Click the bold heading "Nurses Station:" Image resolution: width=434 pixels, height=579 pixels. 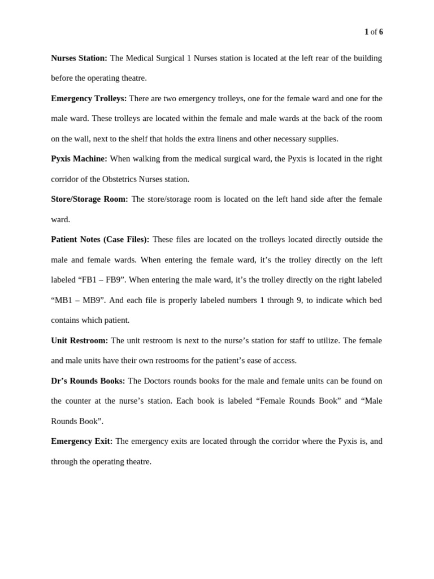[x=79, y=58]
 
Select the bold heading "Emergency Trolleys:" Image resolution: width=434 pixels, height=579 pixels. [x=89, y=98]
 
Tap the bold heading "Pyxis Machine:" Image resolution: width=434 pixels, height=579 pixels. [x=79, y=159]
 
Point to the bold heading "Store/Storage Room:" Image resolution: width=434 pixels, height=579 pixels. [x=89, y=199]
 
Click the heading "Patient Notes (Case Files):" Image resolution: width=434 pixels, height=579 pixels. [x=100, y=240]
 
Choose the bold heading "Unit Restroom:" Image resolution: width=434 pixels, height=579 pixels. [x=80, y=340]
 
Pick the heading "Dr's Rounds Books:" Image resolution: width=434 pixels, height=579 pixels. [x=88, y=381]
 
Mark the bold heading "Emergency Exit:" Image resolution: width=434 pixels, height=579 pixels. [x=82, y=441]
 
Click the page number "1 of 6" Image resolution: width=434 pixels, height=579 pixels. [x=374, y=32]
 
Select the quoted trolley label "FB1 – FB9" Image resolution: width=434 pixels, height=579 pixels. [x=102, y=280]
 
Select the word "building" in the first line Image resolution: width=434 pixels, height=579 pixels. [x=368, y=58]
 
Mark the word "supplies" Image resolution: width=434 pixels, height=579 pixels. [x=323, y=139]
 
